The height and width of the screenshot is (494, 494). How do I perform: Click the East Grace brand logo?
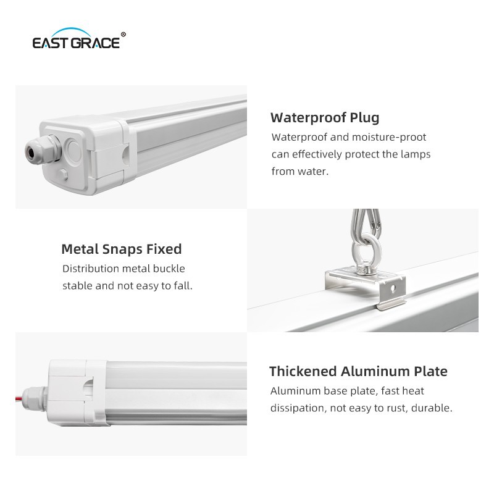(79, 39)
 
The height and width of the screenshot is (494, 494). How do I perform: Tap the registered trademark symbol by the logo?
(123, 35)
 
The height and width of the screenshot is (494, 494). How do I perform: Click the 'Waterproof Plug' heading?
(325, 118)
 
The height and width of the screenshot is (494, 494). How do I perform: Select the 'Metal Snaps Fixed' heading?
(122, 249)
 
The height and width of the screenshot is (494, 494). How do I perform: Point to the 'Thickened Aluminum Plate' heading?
(358, 371)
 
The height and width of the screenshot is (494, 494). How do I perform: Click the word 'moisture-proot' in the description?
(389, 137)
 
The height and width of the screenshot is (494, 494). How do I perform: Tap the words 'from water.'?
(300, 172)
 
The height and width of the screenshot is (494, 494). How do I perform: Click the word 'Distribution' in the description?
(90, 269)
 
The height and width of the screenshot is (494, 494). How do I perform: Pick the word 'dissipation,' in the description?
(298, 408)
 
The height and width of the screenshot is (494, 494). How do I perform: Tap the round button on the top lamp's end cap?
(73, 151)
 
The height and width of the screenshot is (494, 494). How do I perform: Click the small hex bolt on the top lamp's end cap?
(64, 175)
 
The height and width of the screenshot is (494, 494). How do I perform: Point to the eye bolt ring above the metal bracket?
(367, 249)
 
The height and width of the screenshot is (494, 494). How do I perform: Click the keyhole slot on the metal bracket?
(393, 288)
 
